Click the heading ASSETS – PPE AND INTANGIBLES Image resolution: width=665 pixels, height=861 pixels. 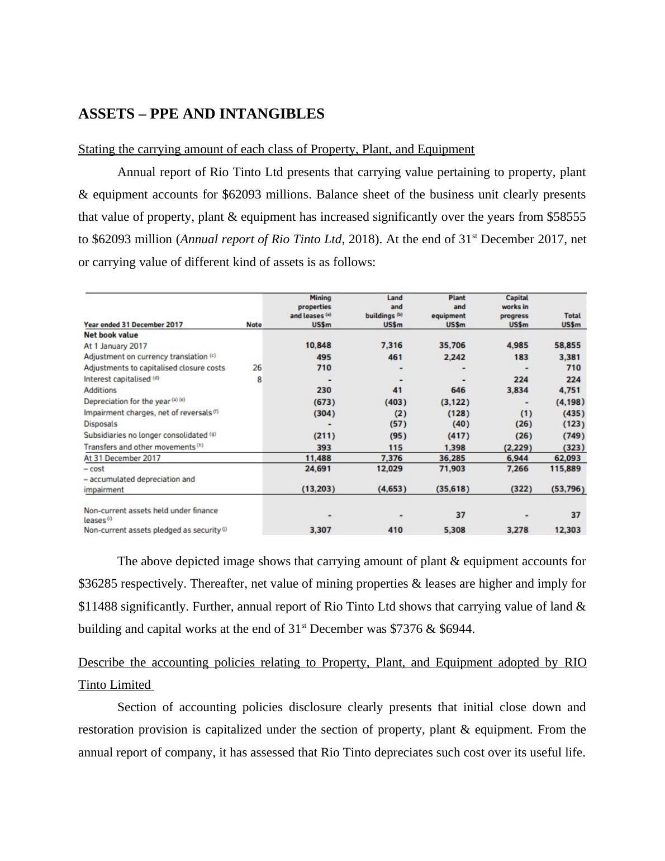pos(201,114)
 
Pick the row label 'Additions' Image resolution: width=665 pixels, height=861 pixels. pos(100,390)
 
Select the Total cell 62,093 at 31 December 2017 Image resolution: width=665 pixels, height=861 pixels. pos(567,458)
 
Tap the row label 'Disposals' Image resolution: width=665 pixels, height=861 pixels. pos(101,424)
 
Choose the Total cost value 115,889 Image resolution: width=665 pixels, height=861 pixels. pos(565,469)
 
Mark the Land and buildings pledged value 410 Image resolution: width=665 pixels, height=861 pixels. pos(395,530)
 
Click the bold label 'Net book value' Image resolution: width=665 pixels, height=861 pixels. pos(111,335)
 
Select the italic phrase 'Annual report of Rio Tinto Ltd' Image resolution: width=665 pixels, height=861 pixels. pos(261,239)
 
